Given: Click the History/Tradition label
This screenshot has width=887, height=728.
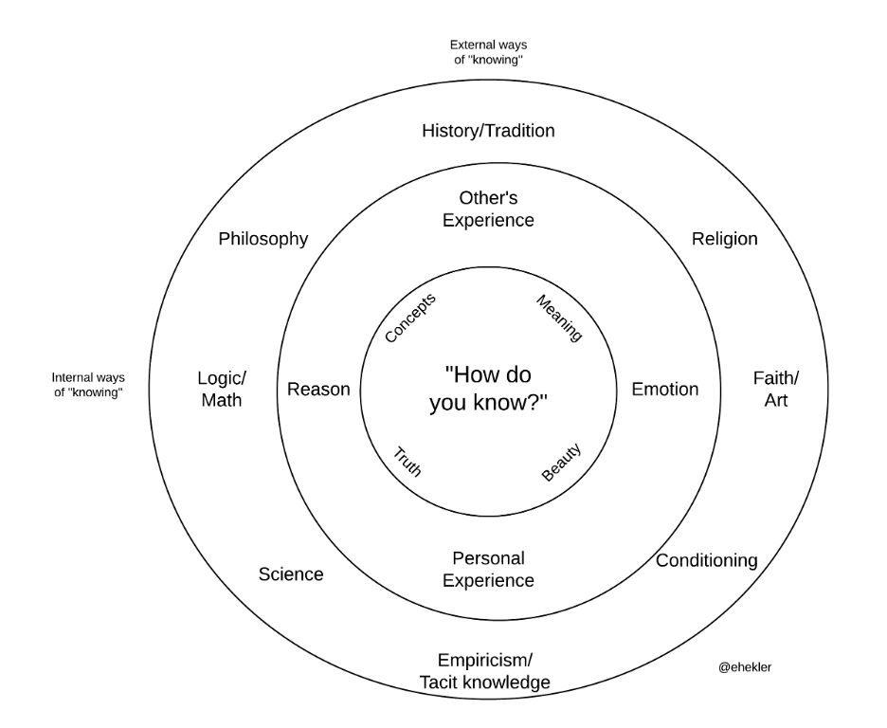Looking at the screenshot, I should (488, 131).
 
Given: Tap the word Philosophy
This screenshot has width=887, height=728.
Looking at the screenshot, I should (263, 239).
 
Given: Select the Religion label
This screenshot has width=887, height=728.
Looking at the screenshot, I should (725, 239).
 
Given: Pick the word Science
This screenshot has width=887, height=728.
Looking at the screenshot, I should (291, 574).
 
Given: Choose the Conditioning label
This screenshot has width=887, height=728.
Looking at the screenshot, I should (707, 561).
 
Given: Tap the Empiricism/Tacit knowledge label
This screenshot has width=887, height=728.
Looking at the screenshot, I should (484, 671).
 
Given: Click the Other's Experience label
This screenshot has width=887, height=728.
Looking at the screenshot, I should (488, 209).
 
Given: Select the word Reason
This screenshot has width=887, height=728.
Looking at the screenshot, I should (318, 390).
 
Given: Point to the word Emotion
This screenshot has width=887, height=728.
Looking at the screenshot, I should (665, 390).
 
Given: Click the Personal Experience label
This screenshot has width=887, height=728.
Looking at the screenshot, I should (488, 570).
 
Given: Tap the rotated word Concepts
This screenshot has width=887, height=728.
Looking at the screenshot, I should (410, 318).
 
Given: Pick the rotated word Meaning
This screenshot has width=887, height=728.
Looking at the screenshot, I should (559, 318).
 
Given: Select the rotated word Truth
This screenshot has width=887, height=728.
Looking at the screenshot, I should (407, 461).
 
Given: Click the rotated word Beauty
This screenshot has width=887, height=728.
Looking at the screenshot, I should (561, 462).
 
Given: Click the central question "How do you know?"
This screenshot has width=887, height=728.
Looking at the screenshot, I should (488, 387).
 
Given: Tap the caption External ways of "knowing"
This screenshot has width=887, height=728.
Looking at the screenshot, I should (488, 51).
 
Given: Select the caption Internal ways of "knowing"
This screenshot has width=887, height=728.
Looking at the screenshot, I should (88, 384).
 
